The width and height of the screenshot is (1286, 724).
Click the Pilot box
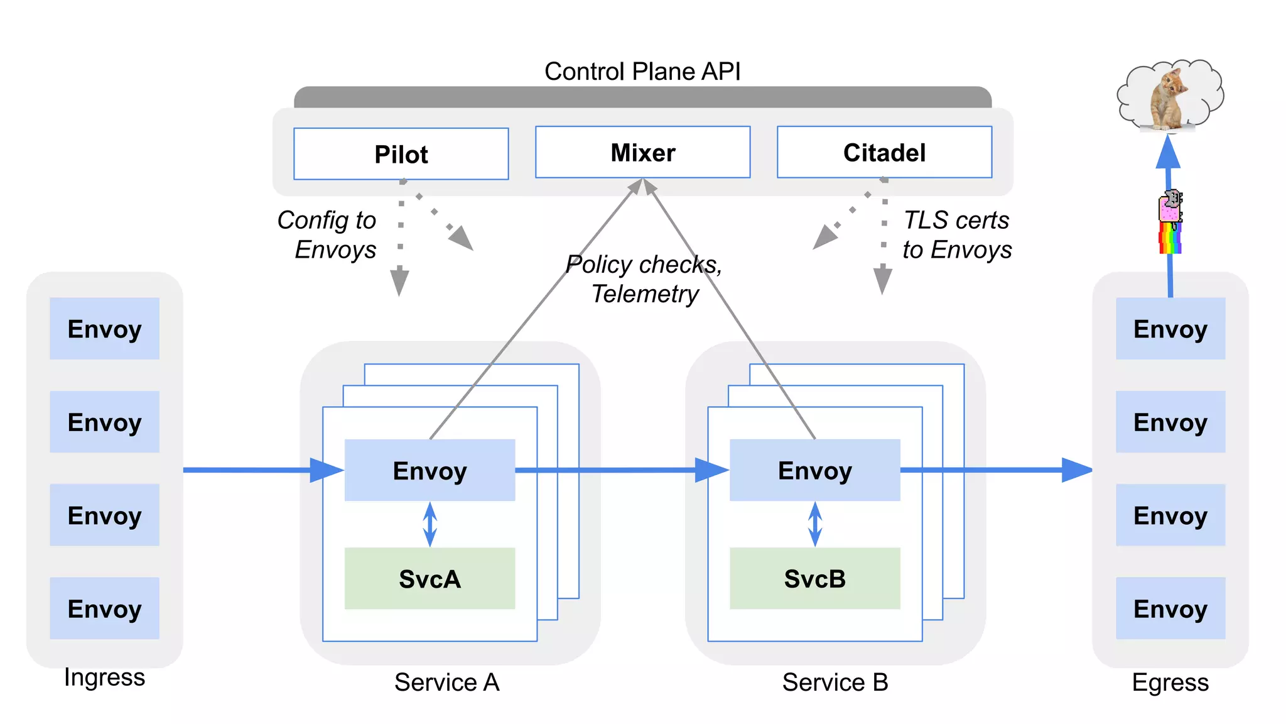click(x=401, y=154)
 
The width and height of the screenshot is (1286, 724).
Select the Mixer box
click(x=642, y=152)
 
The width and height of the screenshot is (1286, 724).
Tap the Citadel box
click(x=884, y=152)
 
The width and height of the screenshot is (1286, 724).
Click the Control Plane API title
click(x=642, y=71)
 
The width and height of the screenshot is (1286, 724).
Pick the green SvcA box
click(x=430, y=578)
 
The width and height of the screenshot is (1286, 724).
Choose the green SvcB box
click(x=814, y=578)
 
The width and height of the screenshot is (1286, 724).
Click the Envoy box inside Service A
click(x=430, y=470)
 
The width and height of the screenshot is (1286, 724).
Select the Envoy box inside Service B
click(x=814, y=470)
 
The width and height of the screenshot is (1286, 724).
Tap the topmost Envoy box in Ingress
click(x=104, y=329)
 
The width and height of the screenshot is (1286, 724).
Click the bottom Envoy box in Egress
click(x=1170, y=608)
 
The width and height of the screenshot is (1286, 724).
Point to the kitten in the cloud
click(x=1169, y=97)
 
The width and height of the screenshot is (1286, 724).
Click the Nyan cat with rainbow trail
click(x=1170, y=221)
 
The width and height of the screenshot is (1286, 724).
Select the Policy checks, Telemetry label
click(x=644, y=279)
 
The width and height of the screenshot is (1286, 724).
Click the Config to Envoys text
click(x=328, y=235)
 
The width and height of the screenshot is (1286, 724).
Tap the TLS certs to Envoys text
click(x=956, y=235)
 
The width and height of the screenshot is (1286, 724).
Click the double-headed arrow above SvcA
click(x=430, y=524)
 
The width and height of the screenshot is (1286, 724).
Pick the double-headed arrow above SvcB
click(x=814, y=524)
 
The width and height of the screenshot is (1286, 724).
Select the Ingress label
click(x=104, y=677)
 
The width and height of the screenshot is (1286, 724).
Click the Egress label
click(x=1170, y=682)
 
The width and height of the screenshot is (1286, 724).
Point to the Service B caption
click(x=835, y=682)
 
